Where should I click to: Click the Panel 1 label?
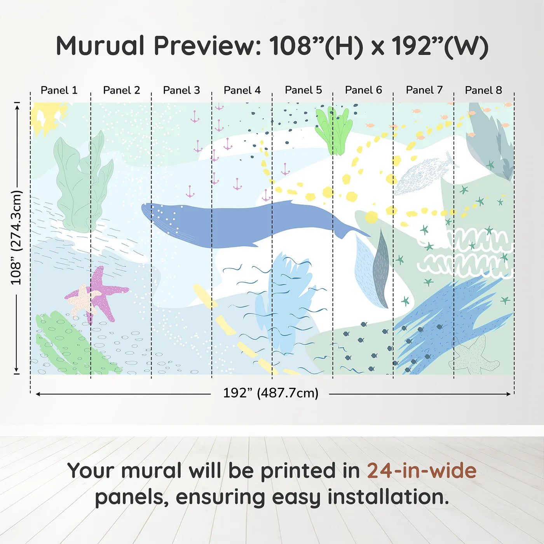59,90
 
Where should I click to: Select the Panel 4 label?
242,90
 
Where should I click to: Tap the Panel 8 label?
483,90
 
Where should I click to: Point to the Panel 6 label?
363,90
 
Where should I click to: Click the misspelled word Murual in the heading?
101,46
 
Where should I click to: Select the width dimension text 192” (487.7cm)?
270,393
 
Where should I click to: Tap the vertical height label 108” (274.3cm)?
16,237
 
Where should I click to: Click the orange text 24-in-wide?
422,471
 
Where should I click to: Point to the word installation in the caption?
388,497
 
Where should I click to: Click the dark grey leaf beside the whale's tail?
381,268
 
